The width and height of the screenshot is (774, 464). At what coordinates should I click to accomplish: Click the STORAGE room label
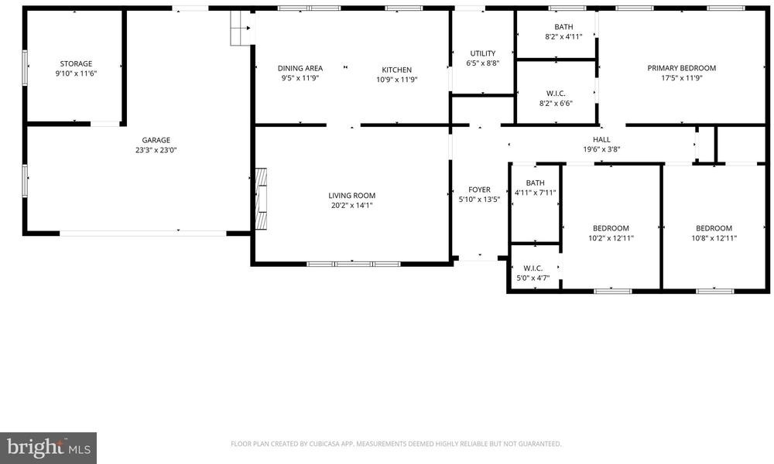click(76, 63)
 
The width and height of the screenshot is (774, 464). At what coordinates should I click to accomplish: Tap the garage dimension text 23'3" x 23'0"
click(156, 150)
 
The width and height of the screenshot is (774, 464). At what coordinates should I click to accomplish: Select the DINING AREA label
click(300, 69)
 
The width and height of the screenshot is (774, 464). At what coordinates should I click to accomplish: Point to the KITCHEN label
click(397, 70)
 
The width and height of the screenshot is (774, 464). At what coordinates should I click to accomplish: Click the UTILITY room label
click(483, 53)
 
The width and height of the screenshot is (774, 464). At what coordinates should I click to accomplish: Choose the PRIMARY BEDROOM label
click(682, 68)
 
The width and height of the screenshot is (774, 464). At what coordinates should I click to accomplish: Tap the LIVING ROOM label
click(352, 196)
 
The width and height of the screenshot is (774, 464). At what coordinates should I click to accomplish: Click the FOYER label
click(479, 189)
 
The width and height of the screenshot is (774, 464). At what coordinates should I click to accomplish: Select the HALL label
click(601, 139)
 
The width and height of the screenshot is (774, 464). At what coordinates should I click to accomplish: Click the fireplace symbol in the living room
click(261, 199)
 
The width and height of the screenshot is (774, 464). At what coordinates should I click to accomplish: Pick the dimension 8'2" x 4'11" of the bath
click(563, 36)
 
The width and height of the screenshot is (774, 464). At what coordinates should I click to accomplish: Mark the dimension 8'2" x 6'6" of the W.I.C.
click(556, 104)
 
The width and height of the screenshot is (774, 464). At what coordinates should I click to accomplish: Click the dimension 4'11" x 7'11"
click(535, 193)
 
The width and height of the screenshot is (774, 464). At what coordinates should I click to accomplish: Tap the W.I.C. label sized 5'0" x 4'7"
click(533, 268)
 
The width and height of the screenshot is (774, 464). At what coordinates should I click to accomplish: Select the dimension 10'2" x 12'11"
click(611, 238)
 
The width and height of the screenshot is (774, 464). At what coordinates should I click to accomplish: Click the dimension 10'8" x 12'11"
click(714, 238)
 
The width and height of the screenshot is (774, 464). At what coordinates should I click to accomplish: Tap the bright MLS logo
click(48, 449)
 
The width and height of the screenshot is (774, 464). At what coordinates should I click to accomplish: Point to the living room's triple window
click(354, 264)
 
